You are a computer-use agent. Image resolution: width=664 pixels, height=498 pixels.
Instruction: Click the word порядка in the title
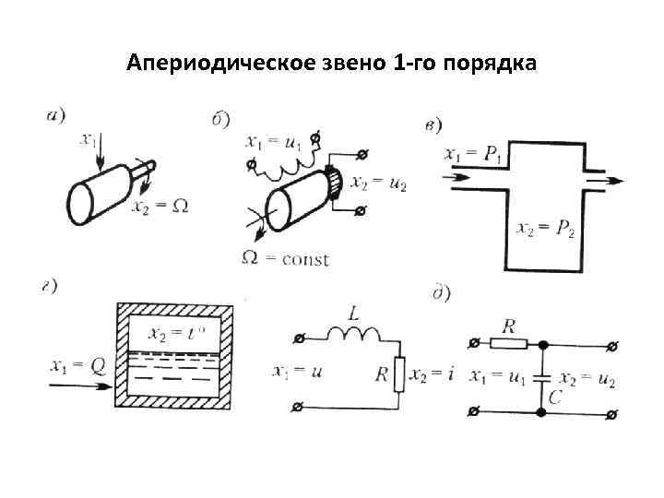click(489, 64)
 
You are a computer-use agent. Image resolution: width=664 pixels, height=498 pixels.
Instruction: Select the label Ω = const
click(285, 258)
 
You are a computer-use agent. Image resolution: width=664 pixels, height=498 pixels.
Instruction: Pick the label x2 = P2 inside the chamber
click(546, 229)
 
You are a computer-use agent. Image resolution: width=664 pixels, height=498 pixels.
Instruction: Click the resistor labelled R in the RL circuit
click(398, 373)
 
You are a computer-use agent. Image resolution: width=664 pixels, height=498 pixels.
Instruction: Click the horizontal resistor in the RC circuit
click(509, 344)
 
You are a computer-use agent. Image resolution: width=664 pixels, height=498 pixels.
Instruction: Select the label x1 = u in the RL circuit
click(296, 373)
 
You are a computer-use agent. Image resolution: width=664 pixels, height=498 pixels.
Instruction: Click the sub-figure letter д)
click(440, 294)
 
